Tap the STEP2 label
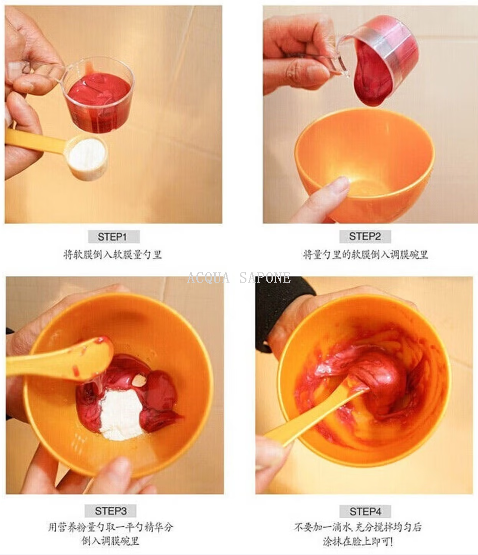[365, 236]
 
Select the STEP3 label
[111, 511]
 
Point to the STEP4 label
[365, 511]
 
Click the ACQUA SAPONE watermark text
[239, 278]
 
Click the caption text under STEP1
[112, 254]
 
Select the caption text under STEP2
[365, 254]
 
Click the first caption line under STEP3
[111, 527]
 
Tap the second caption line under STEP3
[111, 541]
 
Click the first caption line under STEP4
[358, 527]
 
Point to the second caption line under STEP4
[358, 541]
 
